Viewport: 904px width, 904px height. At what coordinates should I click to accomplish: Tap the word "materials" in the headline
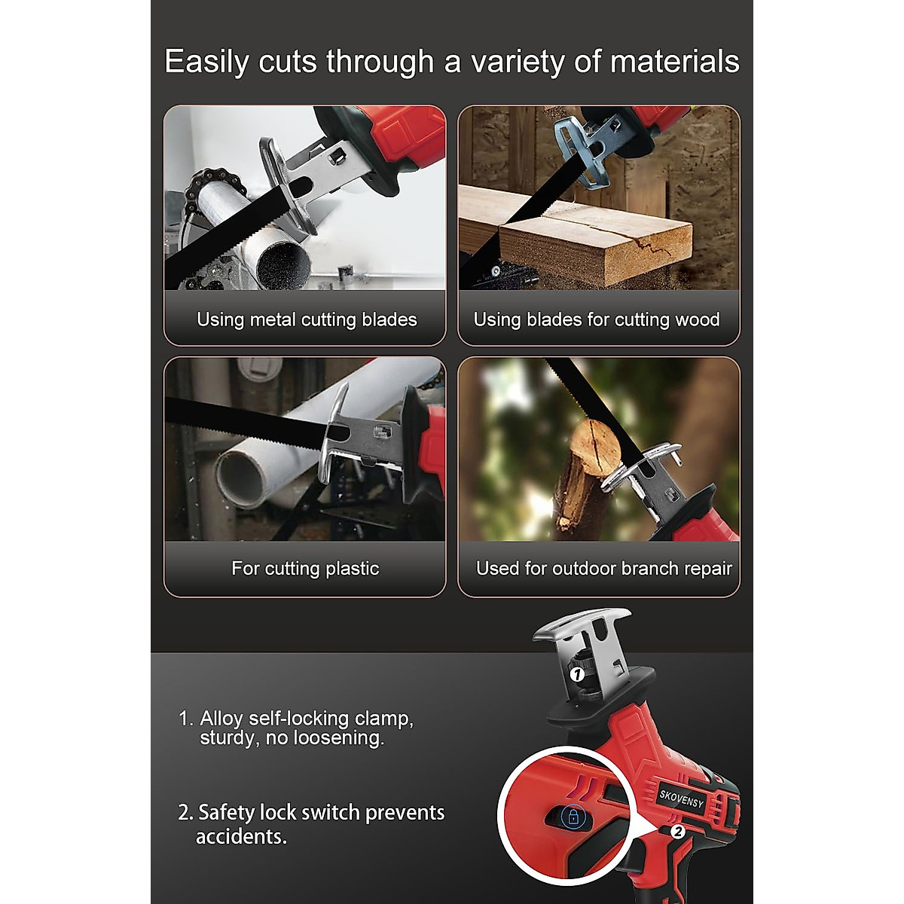[675, 61]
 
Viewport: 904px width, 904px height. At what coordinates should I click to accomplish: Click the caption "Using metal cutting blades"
[307, 319]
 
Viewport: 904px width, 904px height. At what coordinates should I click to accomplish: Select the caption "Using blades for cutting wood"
[596, 319]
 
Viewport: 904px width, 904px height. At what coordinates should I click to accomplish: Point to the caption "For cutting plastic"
[305, 568]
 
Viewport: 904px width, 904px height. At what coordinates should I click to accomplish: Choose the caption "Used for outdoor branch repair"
[603, 568]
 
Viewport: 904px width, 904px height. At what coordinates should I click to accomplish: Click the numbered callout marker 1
[577, 674]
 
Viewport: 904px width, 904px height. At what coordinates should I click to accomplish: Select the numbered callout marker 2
[676, 832]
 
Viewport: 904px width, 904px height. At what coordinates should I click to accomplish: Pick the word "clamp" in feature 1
[383, 718]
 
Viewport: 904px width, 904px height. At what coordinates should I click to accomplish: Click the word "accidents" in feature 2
[241, 836]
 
